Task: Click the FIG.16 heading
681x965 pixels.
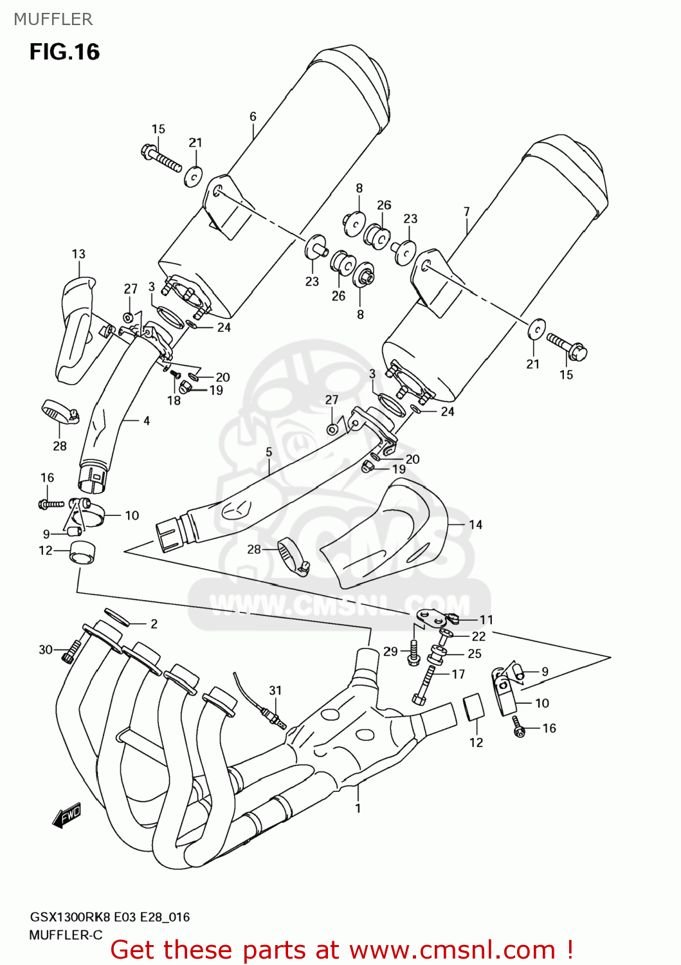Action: click(x=64, y=52)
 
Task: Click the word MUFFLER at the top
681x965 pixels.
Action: click(x=53, y=19)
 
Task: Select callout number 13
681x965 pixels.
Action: click(x=78, y=254)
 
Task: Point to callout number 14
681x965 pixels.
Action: click(x=475, y=525)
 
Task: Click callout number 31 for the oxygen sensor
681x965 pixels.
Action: click(x=275, y=690)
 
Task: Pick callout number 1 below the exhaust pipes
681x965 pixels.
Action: click(x=358, y=808)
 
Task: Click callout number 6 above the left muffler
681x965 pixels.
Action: click(x=253, y=116)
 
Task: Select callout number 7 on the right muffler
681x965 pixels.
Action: click(x=466, y=212)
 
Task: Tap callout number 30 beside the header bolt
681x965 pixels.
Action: click(x=46, y=650)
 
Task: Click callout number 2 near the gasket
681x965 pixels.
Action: click(x=154, y=623)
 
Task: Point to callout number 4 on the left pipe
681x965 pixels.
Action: click(x=147, y=421)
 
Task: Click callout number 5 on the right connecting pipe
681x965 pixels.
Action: click(x=269, y=452)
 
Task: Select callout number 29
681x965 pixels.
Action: click(x=390, y=652)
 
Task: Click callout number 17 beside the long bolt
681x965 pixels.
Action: click(x=458, y=674)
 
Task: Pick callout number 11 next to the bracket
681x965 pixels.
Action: click(x=486, y=620)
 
